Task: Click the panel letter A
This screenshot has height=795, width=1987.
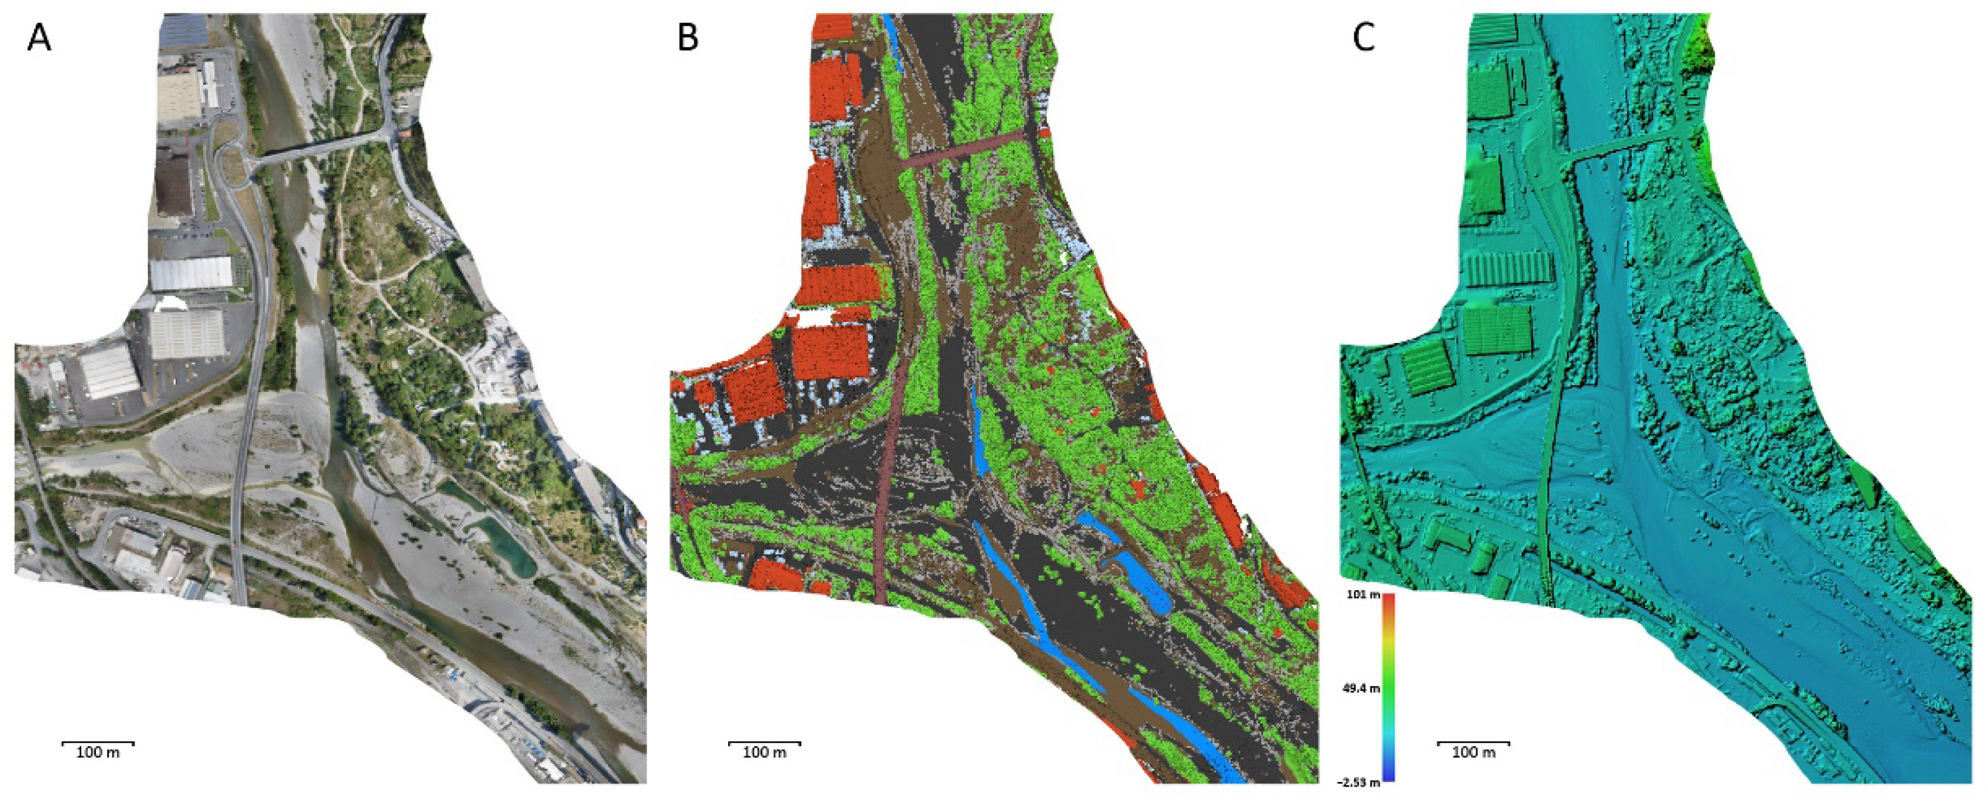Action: (39, 37)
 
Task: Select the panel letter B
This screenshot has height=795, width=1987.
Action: (688, 37)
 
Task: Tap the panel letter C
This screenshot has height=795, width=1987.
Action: (1364, 37)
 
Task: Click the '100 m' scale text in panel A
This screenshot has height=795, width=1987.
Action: (98, 752)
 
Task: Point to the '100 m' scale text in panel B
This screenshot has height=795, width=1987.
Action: (764, 752)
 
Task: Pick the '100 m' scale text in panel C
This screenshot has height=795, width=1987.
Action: (1473, 752)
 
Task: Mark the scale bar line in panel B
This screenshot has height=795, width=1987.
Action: (764, 743)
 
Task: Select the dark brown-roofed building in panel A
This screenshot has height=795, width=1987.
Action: (173, 181)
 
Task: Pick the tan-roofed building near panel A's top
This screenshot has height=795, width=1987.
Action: (178, 96)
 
